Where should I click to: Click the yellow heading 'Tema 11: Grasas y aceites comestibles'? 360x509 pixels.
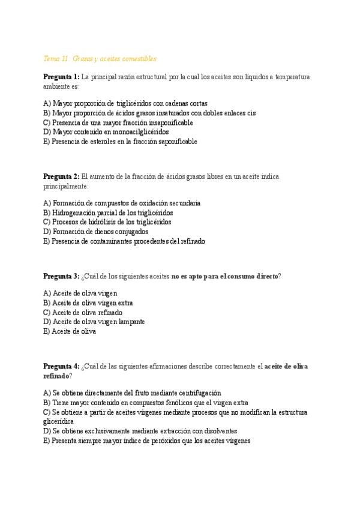100,59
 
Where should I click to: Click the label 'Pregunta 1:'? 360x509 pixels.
61,77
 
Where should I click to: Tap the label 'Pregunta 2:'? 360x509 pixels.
61,176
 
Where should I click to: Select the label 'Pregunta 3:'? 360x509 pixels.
61,276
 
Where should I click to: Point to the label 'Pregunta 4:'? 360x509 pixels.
61,366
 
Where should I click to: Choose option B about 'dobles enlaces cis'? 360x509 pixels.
149,113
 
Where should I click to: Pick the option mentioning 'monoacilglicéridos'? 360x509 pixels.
106,131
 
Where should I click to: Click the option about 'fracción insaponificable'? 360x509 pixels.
118,122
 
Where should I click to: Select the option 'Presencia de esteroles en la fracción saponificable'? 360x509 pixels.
120,141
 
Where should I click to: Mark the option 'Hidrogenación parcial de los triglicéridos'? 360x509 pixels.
108,212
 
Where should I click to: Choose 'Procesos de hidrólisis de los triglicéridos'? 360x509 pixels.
107,222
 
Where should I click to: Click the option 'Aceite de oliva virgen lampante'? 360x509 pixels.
94,322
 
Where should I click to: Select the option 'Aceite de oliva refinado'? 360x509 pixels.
83,312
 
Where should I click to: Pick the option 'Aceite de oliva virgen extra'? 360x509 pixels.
88,303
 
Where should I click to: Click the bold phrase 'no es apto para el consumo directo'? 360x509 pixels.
225,276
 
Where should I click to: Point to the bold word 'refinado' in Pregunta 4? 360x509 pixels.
56,376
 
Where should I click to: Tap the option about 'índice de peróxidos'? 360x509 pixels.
146,440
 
